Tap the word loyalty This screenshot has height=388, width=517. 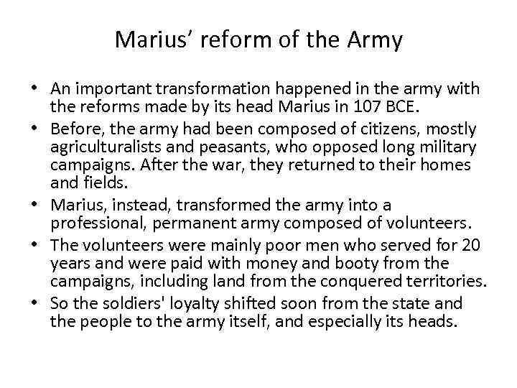[184, 305]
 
